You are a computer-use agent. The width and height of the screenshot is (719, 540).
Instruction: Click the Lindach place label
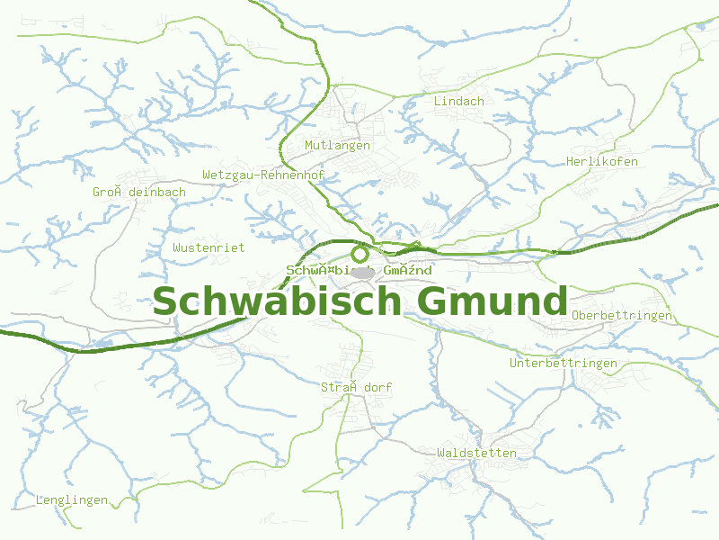coord(458,101)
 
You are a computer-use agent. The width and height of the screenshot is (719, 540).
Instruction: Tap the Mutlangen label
coord(337,145)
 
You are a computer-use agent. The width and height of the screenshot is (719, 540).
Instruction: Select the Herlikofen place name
coord(601,161)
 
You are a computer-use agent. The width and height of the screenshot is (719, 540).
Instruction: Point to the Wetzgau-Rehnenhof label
coord(263,175)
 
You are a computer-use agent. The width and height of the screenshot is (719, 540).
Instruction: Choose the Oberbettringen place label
coord(621,315)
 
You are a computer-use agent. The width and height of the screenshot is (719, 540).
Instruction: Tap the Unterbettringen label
coord(564,363)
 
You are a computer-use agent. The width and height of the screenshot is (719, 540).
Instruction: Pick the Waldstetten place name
coord(476,453)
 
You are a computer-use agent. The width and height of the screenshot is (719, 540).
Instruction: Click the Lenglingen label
coord(72,499)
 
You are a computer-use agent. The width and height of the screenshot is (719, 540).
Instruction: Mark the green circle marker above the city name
coord(360,254)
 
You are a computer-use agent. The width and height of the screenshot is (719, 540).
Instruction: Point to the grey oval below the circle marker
coord(361,272)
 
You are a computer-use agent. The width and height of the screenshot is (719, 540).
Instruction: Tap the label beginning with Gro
coord(138,192)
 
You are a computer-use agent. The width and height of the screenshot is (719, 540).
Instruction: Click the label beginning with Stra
coord(356,387)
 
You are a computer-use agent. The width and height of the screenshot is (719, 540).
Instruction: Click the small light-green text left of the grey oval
coord(316,270)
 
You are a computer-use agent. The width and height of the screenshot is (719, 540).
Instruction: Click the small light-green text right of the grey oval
coord(408,270)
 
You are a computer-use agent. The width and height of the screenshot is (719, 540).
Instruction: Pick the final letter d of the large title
coord(555,301)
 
